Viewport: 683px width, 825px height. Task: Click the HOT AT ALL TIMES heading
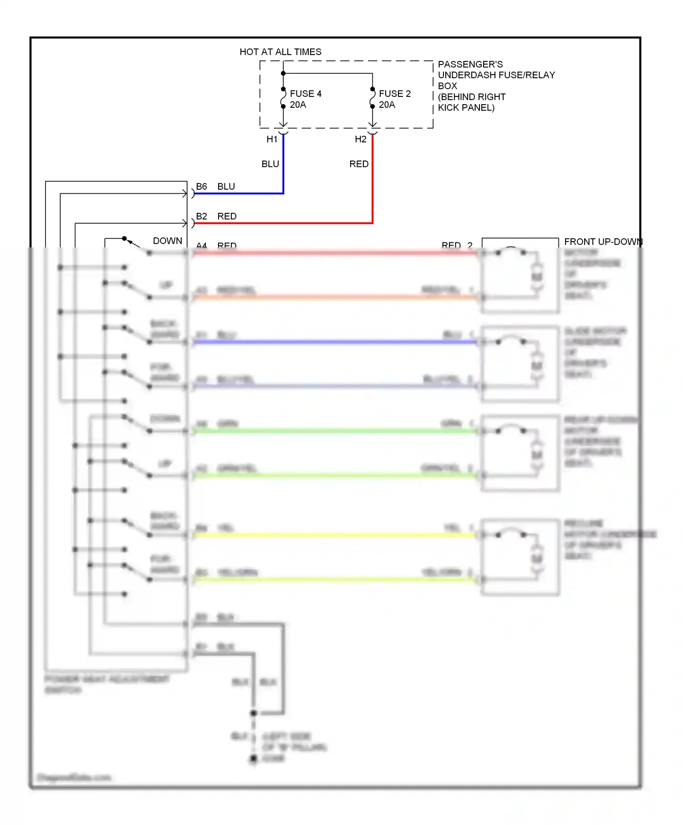click(x=280, y=52)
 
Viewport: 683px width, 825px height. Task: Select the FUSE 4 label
click(x=306, y=94)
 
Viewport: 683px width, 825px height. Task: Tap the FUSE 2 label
click(x=394, y=94)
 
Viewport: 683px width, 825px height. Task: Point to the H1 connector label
click(x=272, y=139)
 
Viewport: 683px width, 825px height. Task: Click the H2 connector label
click(x=361, y=139)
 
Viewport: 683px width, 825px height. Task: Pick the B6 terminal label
click(x=201, y=186)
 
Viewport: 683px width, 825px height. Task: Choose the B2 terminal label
click(x=201, y=216)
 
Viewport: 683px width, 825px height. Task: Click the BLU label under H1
click(x=270, y=164)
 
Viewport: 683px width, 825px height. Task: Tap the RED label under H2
click(x=359, y=164)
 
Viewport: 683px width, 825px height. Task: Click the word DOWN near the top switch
click(x=167, y=241)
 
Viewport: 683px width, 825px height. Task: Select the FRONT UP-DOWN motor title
click(x=602, y=241)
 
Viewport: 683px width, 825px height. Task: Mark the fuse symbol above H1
click(x=283, y=98)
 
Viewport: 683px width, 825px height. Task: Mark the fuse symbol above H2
click(x=372, y=98)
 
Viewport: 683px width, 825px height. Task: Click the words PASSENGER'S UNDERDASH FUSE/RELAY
click(x=496, y=70)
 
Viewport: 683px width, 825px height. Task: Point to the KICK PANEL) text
click(x=466, y=108)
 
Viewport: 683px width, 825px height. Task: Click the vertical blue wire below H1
click(x=283, y=164)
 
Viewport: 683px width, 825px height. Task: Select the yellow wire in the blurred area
click(x=335, y=535)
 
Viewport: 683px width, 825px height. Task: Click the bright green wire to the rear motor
click(x=335, y=431)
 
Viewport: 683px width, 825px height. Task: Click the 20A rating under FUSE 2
click(x=387, y=105)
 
